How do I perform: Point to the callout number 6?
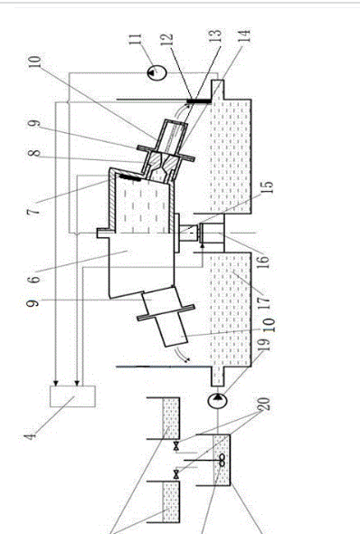[x=33, y=280]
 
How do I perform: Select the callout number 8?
[x=34, y=153]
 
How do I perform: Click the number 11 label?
[x=136, y=38]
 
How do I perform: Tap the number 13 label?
[x=215, y=35]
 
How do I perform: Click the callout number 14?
[x=244, y=35]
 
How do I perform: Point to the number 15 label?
[x=268, y=187]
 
